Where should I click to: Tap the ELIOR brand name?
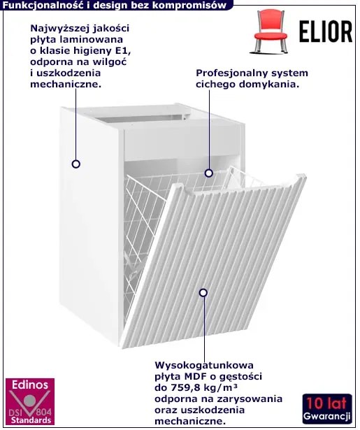click(x=326, y=31)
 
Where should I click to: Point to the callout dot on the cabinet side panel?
click(x=76, y=164)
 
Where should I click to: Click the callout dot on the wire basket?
click(x=209, y=173)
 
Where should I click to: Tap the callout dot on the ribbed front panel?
click(x=203, y=293)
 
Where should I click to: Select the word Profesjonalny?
click(x=231, y=73)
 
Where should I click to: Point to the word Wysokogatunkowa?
click(x=204, y=365)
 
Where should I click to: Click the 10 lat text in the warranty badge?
click(x=327, y=403)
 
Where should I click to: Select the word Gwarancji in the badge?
click(x=327, y=417)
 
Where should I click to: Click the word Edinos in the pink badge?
click(x=30, y=385)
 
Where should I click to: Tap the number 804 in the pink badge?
click(x=44, y=413)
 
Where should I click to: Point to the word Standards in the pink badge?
click(x=31, y=420)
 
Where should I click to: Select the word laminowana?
click(x=96, y=39)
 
